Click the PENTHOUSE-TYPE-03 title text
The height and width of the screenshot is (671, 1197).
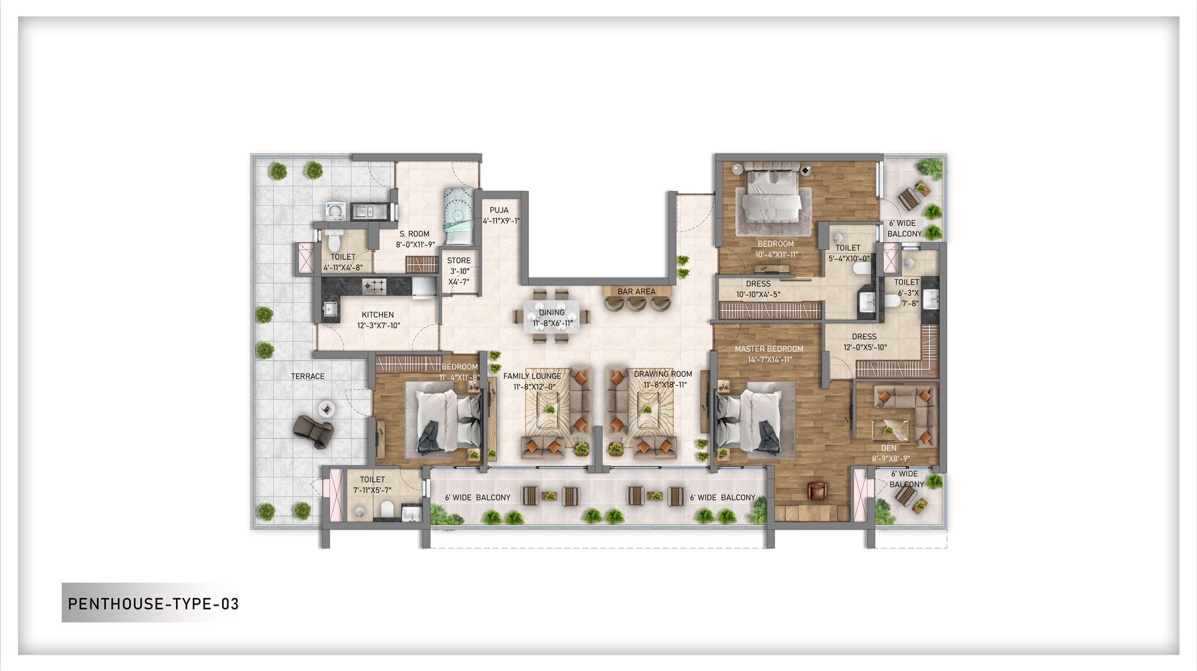pos(153,604)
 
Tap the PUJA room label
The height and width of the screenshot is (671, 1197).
pos(499,211)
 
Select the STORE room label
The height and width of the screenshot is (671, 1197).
pos(459,261)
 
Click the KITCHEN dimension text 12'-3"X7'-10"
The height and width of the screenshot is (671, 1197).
pos(379,326)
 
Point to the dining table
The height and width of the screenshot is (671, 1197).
pos(552,318)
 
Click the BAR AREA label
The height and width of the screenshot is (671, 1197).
pos(636,292)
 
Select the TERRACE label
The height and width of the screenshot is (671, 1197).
pos(308,377)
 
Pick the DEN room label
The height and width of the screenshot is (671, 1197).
pos(889,449)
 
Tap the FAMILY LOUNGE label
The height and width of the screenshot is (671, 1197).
pos(532,376)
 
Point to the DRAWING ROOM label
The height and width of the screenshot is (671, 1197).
pos(663,374)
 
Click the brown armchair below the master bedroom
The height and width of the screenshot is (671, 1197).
pos(816,492)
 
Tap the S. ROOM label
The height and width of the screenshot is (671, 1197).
pos(415,234)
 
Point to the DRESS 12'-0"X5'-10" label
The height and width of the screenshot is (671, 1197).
pos(864,337)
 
